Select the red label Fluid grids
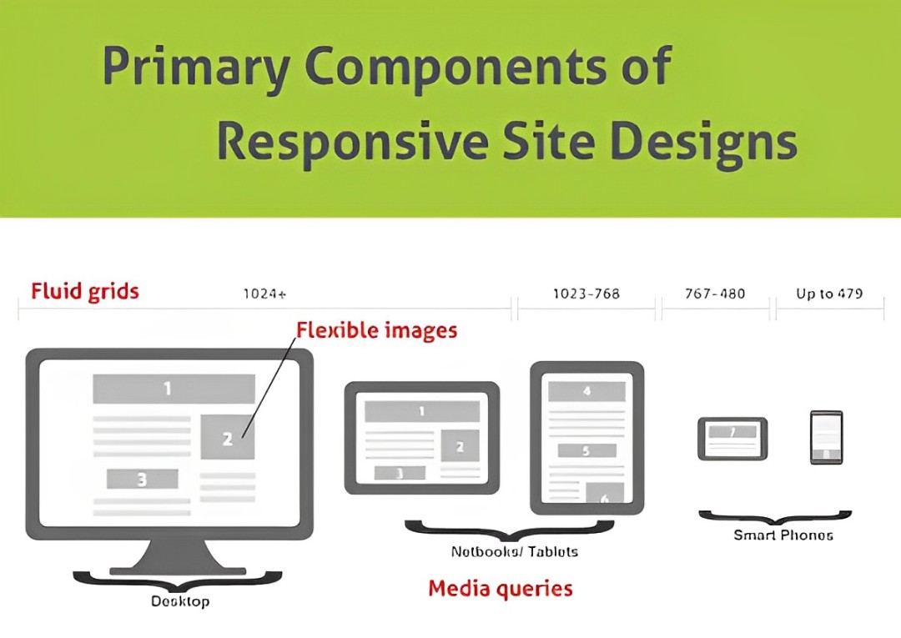85,291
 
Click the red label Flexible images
377,330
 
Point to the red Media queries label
501,588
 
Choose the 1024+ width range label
264,294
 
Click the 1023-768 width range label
586,294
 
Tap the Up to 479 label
829,294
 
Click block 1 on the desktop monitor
174,389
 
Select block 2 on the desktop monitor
227,437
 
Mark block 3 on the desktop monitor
142,479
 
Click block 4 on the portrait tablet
586,391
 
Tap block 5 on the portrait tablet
586,450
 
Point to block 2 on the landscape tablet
460,446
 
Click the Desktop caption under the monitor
180,600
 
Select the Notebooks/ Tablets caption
514,551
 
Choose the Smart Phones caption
783,535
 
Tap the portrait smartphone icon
826,437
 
